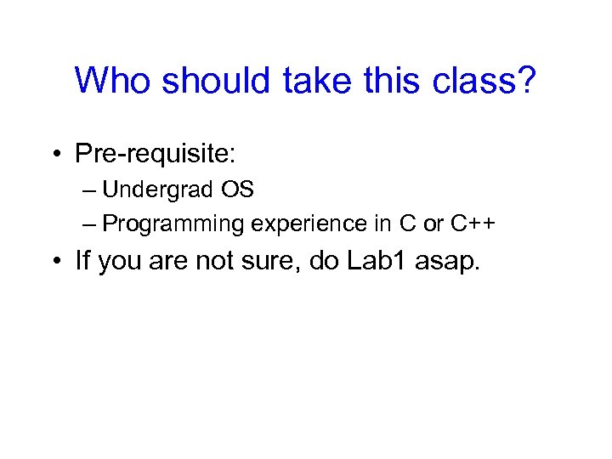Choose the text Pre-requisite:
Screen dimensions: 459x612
156,153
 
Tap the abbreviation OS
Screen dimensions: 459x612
239,190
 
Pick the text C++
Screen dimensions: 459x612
473,224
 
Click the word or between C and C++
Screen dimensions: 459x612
433,224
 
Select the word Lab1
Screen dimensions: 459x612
380,260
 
